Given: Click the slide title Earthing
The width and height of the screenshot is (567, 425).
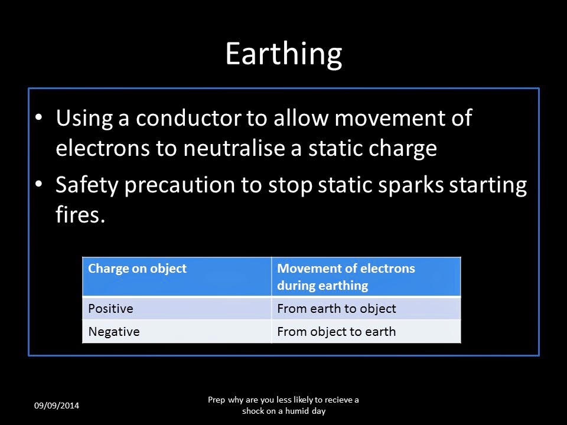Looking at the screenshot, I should point(283,54).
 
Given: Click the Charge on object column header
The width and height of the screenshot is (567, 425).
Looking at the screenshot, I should point(137,269).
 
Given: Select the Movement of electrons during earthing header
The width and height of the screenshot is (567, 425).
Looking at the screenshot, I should point(346,277).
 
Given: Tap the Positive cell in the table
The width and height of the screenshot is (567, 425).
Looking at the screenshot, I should point(110,309).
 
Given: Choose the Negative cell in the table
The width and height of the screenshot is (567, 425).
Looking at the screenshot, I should point(114,332).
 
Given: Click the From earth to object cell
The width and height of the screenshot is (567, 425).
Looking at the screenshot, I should point(336,309).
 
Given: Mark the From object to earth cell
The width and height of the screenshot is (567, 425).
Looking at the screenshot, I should point(336,332).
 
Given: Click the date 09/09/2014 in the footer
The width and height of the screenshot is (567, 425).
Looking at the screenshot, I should point(57,406).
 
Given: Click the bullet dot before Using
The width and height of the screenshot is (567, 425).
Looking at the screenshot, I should point(39,117).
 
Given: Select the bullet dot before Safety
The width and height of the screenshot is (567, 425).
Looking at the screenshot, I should point(39,185).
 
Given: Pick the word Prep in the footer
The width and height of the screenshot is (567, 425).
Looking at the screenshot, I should point(217,400).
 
